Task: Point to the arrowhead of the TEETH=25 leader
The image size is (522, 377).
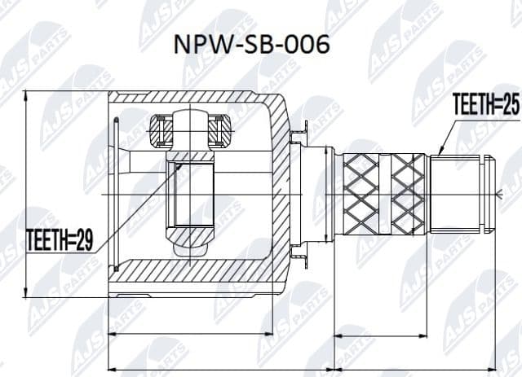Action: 439,152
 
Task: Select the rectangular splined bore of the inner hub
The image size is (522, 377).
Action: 189,195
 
